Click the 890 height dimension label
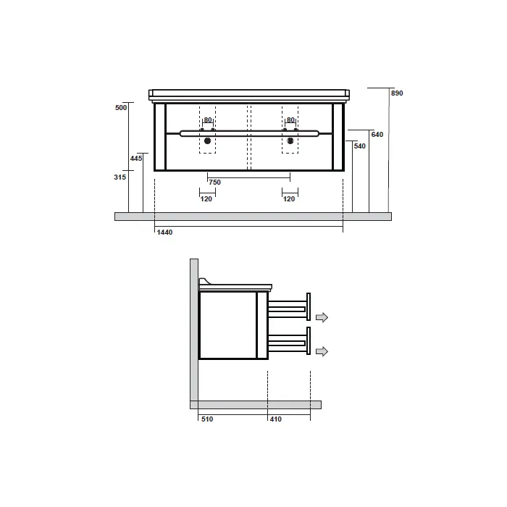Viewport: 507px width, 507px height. click(x=397, y=93)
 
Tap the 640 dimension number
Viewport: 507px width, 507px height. click(x=377, y=135)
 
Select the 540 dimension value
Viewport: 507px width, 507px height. click(x=359, y=146)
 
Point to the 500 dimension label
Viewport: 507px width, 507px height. click(x=121, y=108)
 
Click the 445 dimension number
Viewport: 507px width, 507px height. click(x=136, y=159)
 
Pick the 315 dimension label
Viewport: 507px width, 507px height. click(x=120, y=177)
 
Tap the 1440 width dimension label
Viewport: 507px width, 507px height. click(x=164, y=232)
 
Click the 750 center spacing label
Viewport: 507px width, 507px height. click(x=214, y=183)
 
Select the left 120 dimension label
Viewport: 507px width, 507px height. click(x=206, y=199)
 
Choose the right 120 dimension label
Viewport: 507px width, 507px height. click(x=289, y=199)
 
